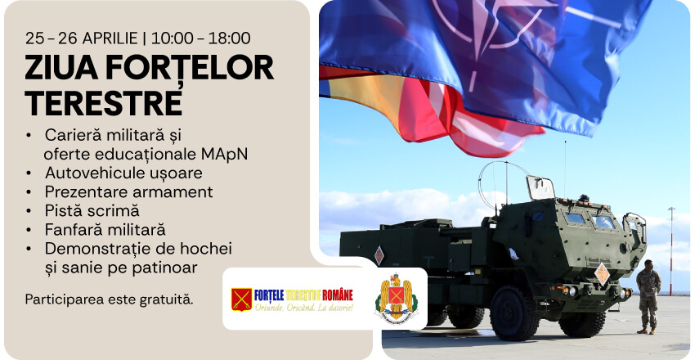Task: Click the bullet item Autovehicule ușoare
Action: pos(123,173)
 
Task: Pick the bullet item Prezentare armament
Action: pos(128,191)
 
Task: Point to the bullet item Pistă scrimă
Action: pos(92,210)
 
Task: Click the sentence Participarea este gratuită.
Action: pos(110,299)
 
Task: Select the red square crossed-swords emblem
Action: pos(241,299)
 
